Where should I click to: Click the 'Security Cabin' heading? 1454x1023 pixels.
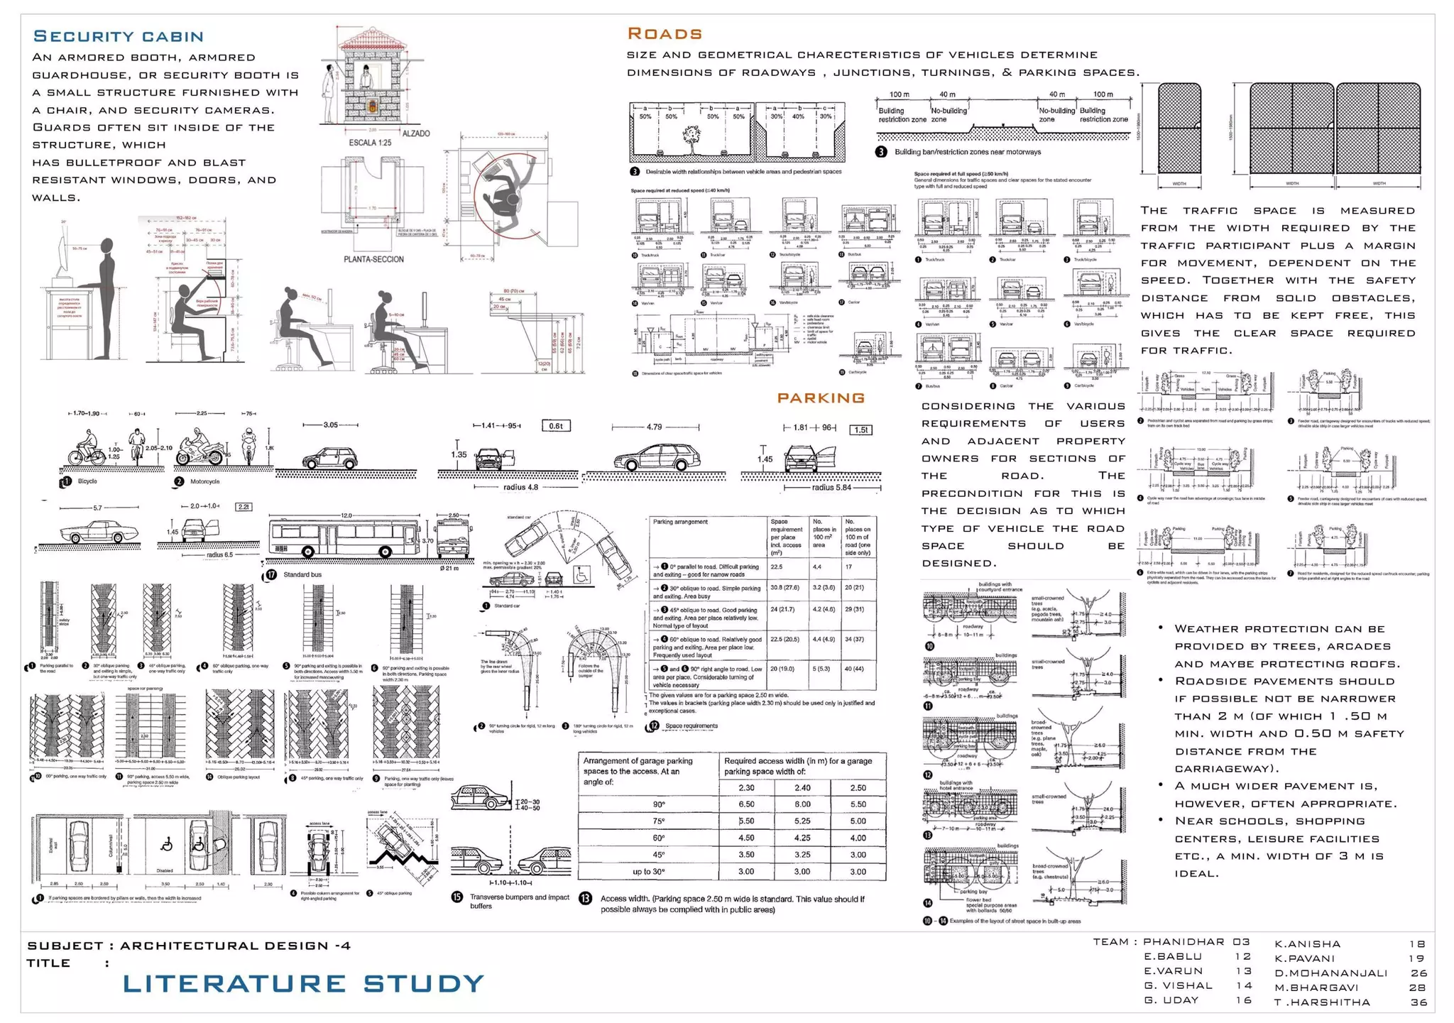[x=119, y=37]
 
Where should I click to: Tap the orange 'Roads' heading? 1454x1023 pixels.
[x=665, y=34]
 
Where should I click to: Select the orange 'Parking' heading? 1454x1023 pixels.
[x=821, y=398]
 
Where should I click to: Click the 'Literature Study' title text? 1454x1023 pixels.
[x=303, y=984]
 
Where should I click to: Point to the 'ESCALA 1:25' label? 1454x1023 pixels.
[x=370, y=143]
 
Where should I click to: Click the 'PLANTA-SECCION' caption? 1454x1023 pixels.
[x=373, y=259]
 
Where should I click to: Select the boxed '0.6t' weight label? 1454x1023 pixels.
[x=556, y=426]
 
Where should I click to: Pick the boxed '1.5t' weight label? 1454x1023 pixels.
[x=860, y=430]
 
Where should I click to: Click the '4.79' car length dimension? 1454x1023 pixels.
[x=654, y=427]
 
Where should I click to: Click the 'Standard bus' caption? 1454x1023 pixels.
[x=302, y=574]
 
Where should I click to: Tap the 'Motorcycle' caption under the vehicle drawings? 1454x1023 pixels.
[x=205, y=481]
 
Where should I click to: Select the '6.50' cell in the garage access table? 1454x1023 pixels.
[x=746, y=804]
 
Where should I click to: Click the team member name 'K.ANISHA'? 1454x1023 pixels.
[x=1307, y=944]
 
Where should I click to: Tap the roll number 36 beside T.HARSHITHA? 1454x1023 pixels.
[x=1418, y=1002]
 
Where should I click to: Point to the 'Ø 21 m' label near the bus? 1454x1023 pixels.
[x=449, y=568]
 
